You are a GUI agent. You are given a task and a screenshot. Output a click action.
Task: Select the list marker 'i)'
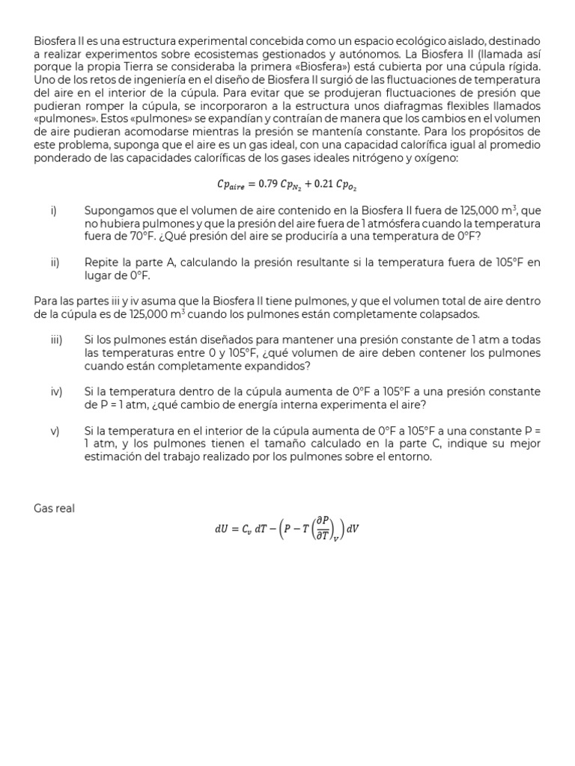coord(54,211)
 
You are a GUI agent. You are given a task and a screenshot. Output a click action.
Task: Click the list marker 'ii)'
coord(55,263)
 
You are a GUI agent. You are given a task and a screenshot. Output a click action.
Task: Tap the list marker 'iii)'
coord(56,340)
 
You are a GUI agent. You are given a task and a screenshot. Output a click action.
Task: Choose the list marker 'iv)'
coord(56,392)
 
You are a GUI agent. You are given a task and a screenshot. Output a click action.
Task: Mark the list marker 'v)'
coord(55,431)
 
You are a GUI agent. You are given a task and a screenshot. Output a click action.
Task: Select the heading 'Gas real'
coord(55,509)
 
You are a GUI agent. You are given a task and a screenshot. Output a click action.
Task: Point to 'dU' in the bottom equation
coord(221,530)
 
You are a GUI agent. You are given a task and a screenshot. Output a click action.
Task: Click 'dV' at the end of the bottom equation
coord(353,530)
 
